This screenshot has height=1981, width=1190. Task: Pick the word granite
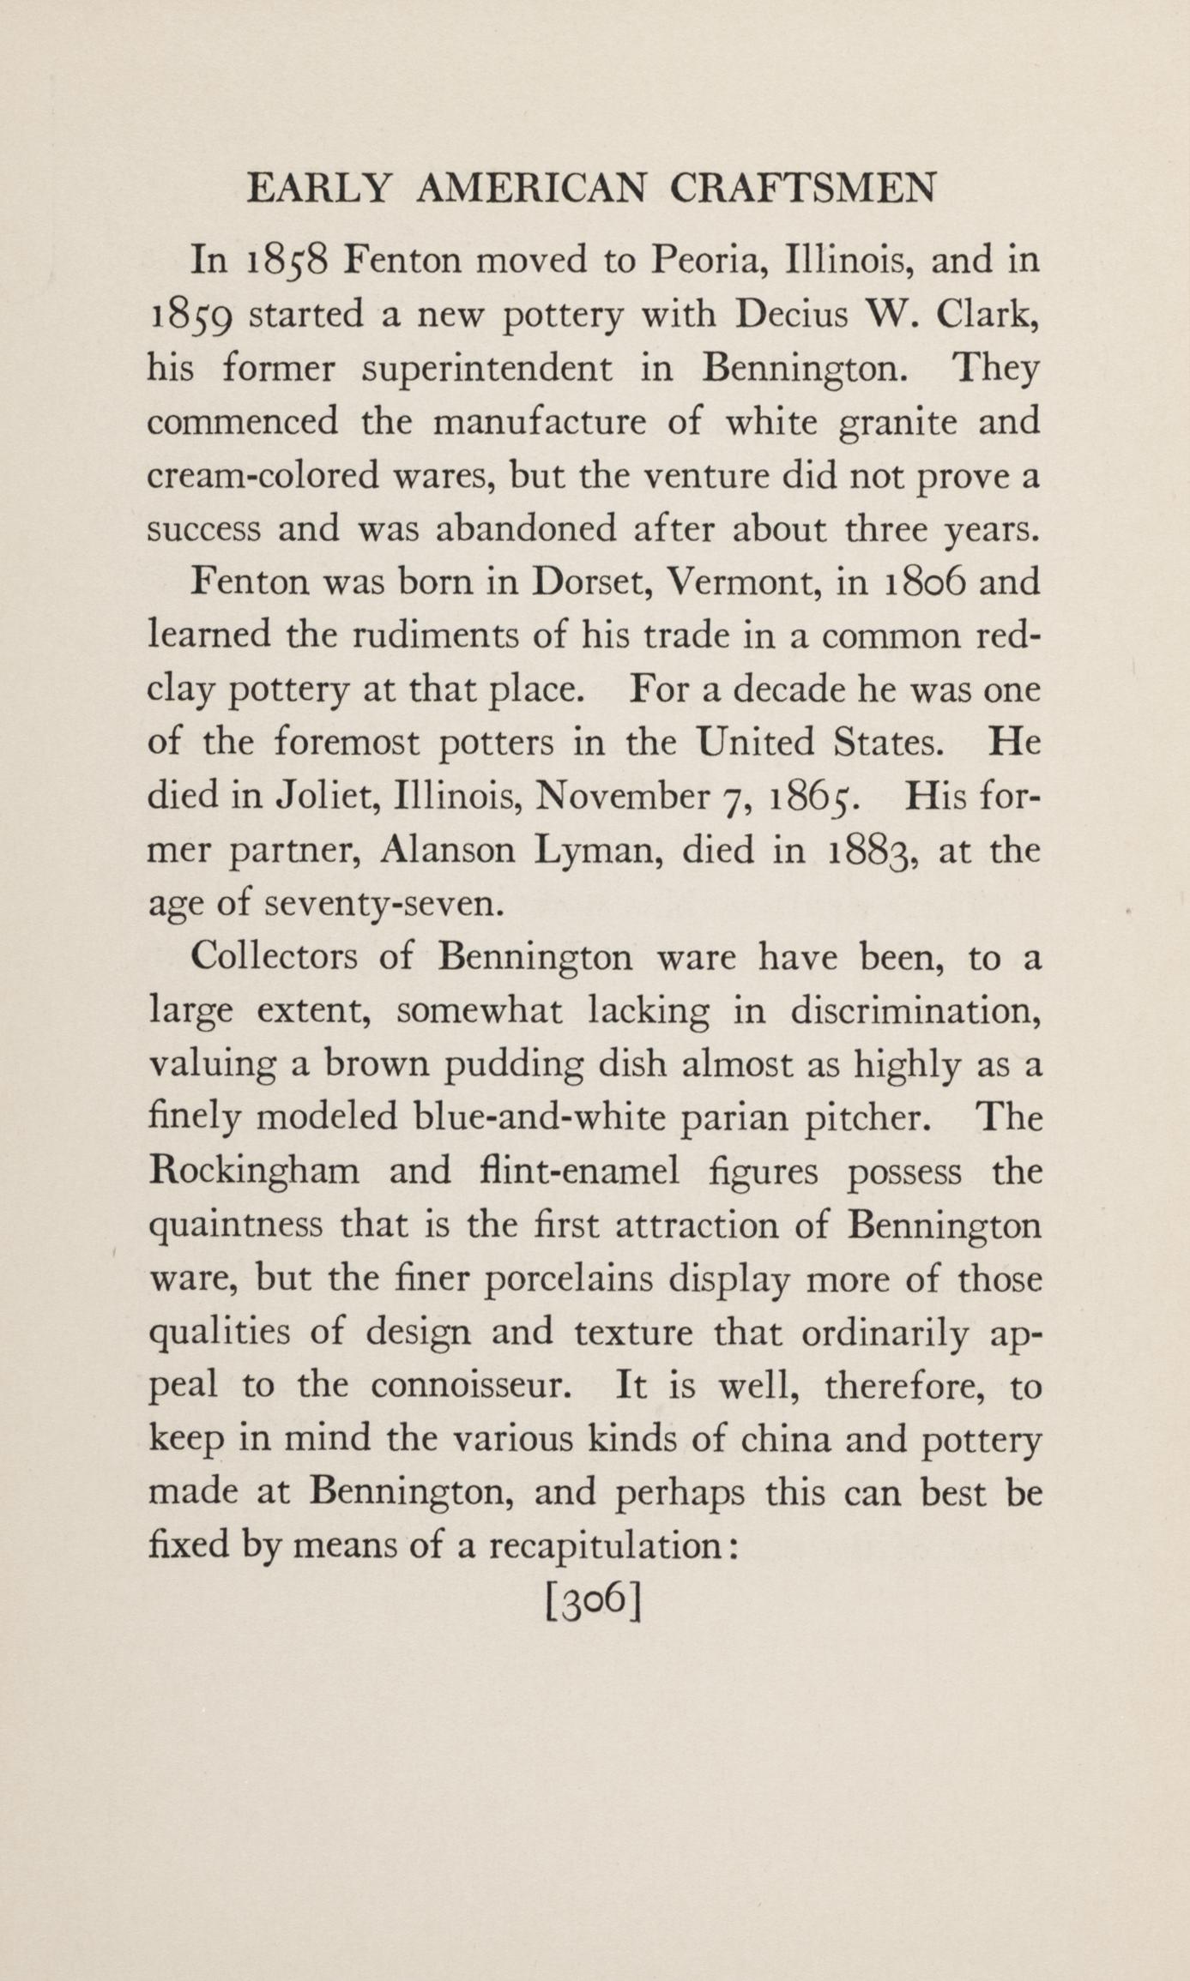pos(896,423)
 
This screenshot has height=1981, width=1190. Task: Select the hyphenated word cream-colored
pos(263,476)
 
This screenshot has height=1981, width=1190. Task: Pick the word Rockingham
pos(255,1171)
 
